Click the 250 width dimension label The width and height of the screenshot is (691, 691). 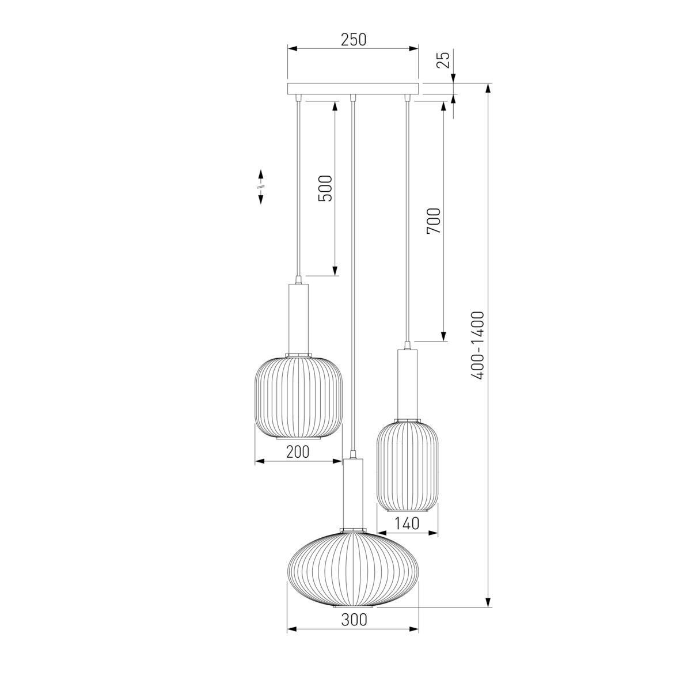pos(353,40)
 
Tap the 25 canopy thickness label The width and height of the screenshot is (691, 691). pos(443,60)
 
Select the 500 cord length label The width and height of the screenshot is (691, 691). pos(325,188)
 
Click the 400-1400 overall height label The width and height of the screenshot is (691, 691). pos(478,345)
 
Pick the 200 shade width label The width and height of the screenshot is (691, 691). pos(298,452)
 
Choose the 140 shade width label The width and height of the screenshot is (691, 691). pos(408,523)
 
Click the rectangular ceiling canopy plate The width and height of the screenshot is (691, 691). pos(353,89)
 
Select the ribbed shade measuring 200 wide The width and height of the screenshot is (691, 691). pos(298,397)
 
